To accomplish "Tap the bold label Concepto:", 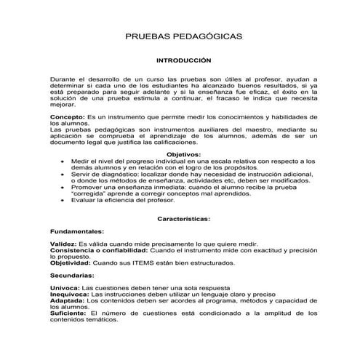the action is click(x=67, y=117).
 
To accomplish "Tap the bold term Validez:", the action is click(x=63, y=244).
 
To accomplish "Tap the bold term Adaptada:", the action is click(x=68, y=301).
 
